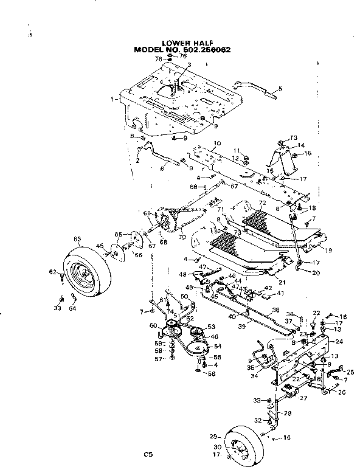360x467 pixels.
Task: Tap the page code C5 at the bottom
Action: pyautogui.click(x=147, y=453)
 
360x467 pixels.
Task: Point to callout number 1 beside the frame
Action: pyautogui.click(x=114, y=99)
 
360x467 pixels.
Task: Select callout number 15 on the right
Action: pyautogui.click(x=308, y=153)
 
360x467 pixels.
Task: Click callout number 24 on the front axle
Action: pyautogui.click(x=339, y=342)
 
